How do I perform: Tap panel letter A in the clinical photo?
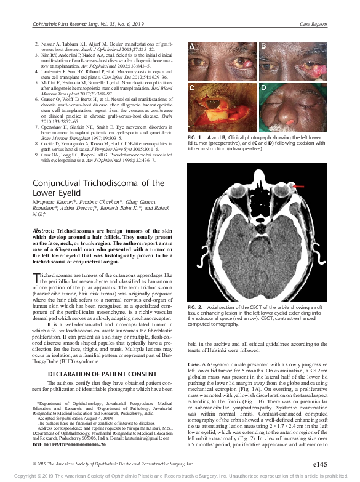[x=191, y=46]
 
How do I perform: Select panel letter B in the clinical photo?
[x=263, y=46]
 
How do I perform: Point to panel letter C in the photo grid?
[x=191, y=89]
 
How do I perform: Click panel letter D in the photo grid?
[x=263, y=89]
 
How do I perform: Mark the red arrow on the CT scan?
[x=299, y=185]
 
